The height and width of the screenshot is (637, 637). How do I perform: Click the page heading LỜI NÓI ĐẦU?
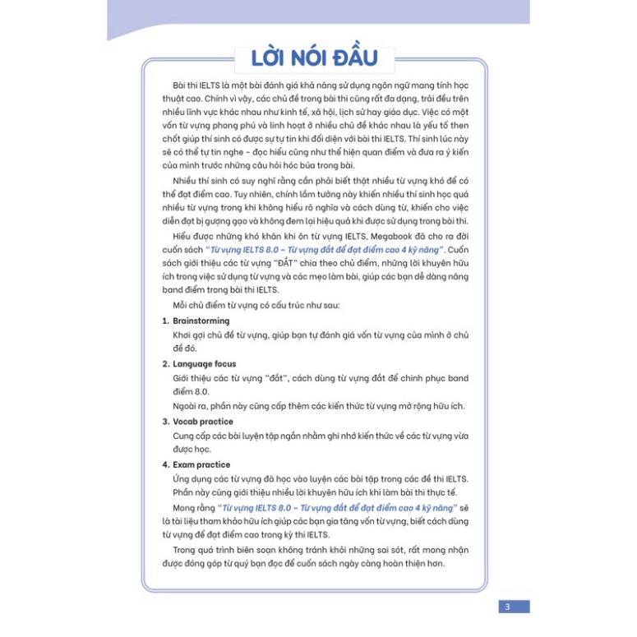(x=316, y=58)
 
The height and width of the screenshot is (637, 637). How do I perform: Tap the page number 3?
(x=507, y=607)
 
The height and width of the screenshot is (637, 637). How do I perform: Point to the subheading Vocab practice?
(x=203, y=422)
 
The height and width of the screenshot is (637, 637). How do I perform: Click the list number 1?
(x=165, y=321)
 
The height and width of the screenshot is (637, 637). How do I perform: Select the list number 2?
(x=165, y=363)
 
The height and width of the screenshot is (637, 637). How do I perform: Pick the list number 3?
(x=165, y=422)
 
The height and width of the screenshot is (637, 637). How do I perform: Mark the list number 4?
(x=165, y=464)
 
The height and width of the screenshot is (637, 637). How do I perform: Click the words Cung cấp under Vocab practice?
(x=190, y=436)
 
